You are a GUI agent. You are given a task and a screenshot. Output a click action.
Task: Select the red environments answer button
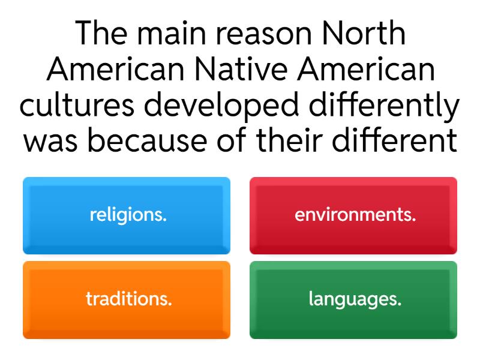click(353, 215)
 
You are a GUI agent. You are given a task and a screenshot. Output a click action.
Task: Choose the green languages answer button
click(353, 299)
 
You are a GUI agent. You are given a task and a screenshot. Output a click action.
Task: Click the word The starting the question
click(102, 34)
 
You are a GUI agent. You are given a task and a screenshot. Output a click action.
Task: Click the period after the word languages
click(400, 304)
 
